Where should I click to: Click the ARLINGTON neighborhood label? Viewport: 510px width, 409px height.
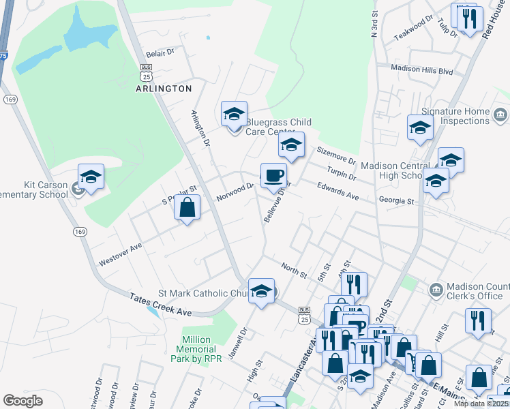(164, 89)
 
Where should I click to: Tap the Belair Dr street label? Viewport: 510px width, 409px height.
(161, 52)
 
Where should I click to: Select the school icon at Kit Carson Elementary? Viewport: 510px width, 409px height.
(91, 177)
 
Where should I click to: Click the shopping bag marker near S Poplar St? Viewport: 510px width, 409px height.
(187, 207)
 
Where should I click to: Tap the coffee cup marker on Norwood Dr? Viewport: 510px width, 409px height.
(273, 176)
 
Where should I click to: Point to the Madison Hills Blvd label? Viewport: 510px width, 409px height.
(422, 69)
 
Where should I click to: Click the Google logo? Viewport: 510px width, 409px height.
(23, 401)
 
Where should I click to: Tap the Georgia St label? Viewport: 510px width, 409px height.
(397, 200)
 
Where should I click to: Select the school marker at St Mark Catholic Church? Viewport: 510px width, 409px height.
(261, 291)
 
